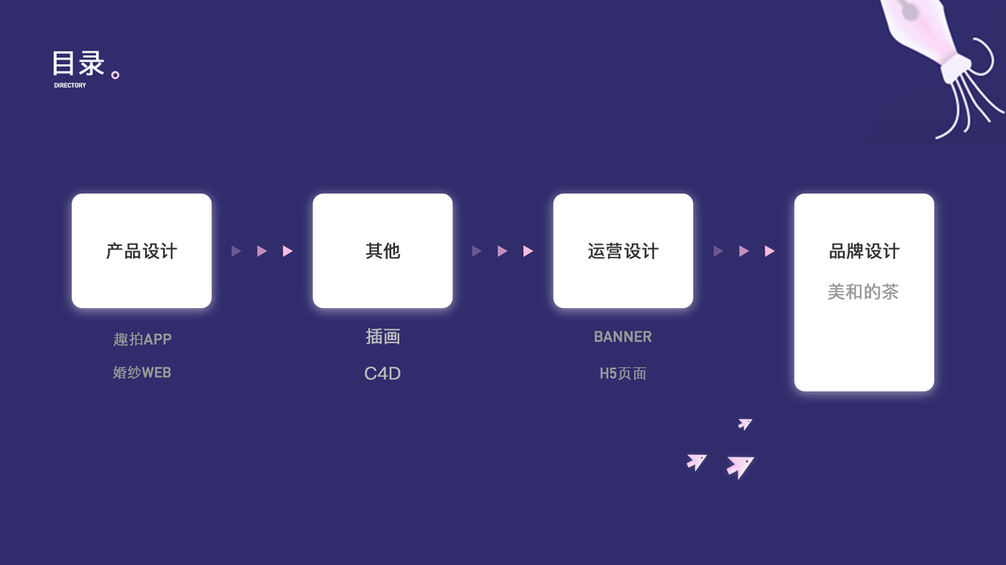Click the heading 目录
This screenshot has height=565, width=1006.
point(78,64)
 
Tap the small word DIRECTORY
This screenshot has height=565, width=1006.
point(70,86)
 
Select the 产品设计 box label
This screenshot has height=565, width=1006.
point(141,251)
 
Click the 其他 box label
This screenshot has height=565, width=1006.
point(383,251)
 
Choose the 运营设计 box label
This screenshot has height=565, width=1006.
point(623,251)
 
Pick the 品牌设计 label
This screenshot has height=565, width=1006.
point(864,251)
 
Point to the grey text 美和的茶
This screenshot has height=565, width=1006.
point(864,292)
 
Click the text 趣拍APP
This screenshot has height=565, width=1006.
point(142,339)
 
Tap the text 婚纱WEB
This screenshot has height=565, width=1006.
point(142,373)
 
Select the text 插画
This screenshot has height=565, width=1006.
point(383,336)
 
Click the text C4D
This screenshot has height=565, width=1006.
point(383,374)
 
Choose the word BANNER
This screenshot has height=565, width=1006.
point(623,336)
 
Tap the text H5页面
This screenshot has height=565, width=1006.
point(623,374)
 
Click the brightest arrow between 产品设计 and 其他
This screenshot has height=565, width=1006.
point(288,251)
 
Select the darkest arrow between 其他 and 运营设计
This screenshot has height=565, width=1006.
point(477,251)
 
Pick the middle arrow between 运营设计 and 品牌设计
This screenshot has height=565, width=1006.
point(744,251)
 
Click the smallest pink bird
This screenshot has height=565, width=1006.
point(745,424)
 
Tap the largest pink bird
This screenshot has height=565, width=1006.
point(740,465)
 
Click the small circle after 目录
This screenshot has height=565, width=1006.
point(116,74)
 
